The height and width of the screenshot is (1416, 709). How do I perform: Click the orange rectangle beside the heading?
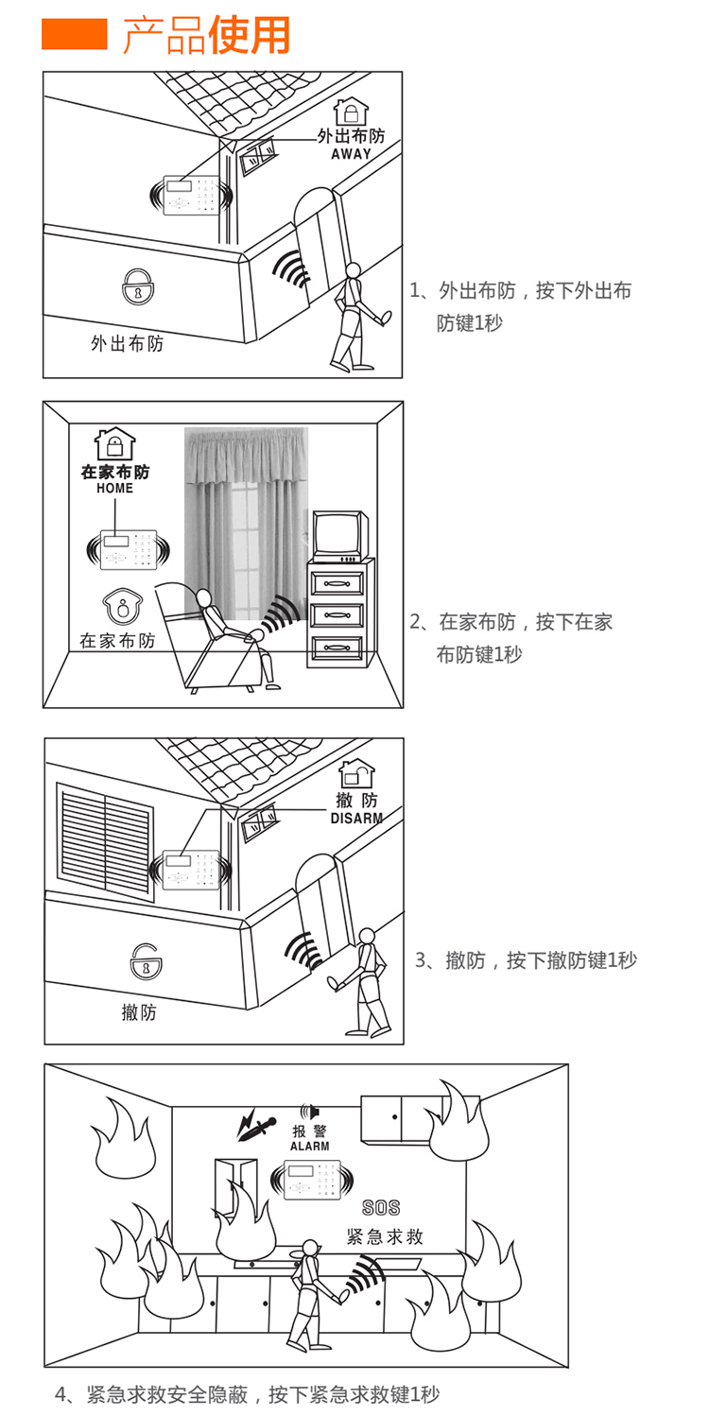coord(75,36)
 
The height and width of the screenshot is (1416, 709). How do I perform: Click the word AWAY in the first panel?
coord(351,154)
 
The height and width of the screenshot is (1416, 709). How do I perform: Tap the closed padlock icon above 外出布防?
coord(138,286)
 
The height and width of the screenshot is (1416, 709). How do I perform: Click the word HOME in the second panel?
coord(114,489)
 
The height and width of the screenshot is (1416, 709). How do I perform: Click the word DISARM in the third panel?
coord(356,818)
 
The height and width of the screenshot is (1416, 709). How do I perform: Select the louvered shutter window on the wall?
coord(105,829)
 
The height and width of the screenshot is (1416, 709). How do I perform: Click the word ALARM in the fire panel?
coord(309,1147)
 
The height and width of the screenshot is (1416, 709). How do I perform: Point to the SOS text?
coord(381,1208)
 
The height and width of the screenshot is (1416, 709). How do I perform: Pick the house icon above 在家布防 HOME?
coord(114,443)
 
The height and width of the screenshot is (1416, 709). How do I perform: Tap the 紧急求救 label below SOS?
coord(385,1236)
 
